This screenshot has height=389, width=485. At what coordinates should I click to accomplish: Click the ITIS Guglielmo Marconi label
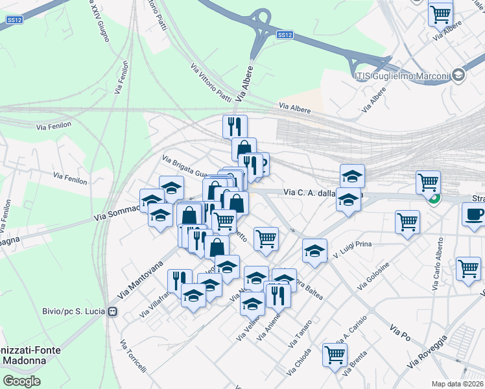402,77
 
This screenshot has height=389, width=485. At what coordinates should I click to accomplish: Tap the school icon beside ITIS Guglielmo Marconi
458,76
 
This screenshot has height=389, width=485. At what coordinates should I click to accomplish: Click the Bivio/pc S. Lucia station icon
112,311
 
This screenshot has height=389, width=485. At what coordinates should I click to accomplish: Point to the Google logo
21,381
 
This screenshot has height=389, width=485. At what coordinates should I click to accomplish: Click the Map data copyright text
458,384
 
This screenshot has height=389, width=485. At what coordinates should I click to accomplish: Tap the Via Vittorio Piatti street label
211,83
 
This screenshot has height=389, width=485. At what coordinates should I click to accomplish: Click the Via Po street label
401,334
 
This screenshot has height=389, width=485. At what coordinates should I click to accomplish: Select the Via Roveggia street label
427,353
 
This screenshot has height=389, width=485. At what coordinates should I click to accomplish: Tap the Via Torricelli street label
133,357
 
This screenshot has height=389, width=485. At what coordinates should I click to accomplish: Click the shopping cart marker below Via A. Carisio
335,355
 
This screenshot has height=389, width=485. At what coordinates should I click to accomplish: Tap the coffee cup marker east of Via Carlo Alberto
474,215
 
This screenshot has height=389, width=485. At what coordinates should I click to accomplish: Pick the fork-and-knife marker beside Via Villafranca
180,280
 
